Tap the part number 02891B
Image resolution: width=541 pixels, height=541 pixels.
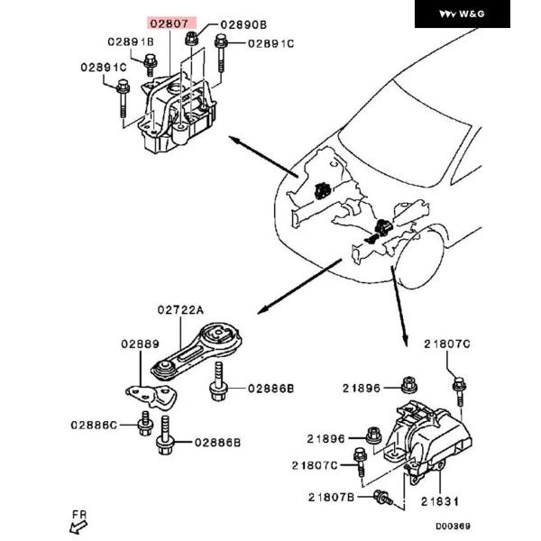click(x=131, y=42)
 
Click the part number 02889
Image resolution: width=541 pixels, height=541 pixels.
click(x=140, y=344)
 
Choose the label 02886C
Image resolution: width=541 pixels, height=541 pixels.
click(x=94, y=424)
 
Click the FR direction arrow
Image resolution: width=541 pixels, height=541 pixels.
click(x=79, y=518)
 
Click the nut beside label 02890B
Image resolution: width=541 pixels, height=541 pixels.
click(x=192, y=38)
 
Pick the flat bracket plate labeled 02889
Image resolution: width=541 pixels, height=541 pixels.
click(x=147, y=394)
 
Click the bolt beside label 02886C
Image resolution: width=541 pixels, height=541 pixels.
click(x=143, y=424)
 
